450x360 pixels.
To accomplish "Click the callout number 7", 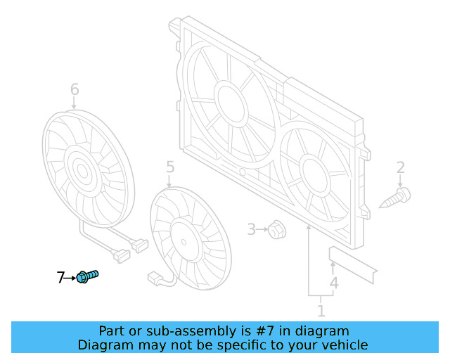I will [x=60, y=278].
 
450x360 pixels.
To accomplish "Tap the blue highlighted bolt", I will [x=86, y=276].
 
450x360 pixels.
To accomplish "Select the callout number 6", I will [x=75, y=89].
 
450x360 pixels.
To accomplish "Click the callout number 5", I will [x=169, y=167].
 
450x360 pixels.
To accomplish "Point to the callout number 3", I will [x=251, y=229].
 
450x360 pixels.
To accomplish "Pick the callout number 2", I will [x=401, y=167].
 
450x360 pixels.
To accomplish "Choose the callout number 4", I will [x=334, y=283].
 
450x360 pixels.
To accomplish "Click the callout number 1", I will [x=321, y=310].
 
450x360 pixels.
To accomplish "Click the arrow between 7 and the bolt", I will [x=70, y=278].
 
